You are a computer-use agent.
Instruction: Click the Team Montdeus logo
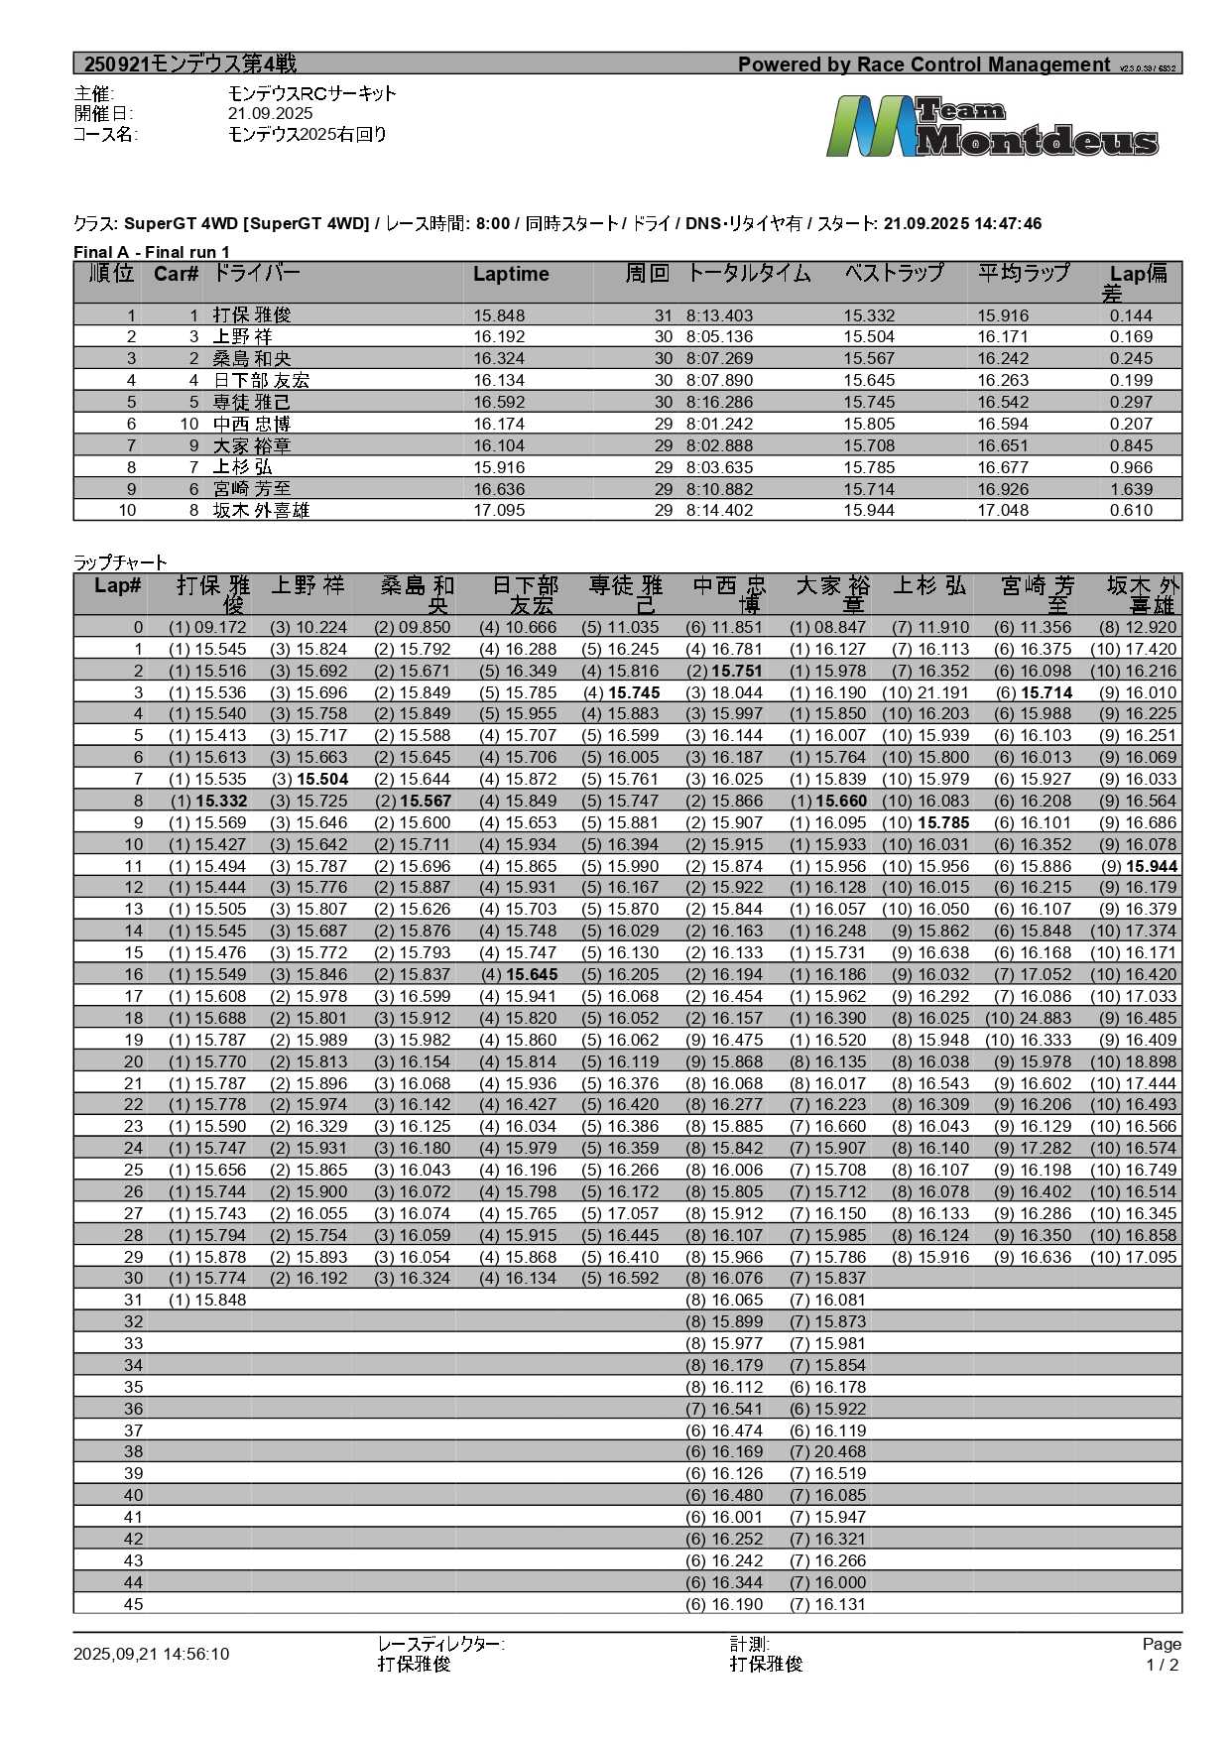click(x=992, y=126)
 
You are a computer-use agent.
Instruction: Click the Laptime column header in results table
click(x=511, y=275)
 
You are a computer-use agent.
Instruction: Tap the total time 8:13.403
click(x=719, y=315)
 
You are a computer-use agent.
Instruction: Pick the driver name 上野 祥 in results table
click(x=242, y=337)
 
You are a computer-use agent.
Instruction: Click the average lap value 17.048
click(x=1003, y=511)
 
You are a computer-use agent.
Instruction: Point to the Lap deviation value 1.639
click(x=1131, y=489)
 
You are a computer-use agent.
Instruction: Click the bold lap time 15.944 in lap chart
click(x=1152, y=866)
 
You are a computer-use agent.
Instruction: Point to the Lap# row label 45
click(x=133, y=1604)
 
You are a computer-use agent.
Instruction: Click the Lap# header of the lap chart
click(x=117, y=586)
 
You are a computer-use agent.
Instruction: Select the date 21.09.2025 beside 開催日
click(x=270, y=114)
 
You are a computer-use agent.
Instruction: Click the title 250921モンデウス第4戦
click(x=189, y=64)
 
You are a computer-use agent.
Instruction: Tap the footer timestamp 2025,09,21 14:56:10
click(x=151, y=1654)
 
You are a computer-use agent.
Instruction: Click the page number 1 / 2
click(x=1162, y=1665)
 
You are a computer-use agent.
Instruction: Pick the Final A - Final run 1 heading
click(x=152, y=252)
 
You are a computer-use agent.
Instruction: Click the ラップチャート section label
click(x=120, y=562)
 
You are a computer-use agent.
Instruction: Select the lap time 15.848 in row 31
click(x=220, y=1300)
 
